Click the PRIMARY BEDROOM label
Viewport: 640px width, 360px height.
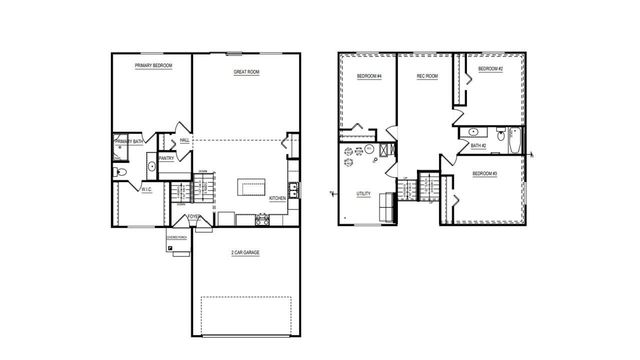[x=154, y=65]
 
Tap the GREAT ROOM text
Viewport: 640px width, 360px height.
[x=247, y=71]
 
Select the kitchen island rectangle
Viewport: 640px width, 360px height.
[x=252, y=187]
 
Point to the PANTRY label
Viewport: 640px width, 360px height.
[x=167, y=157]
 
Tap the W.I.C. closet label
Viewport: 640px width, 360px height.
[x=145, y=188]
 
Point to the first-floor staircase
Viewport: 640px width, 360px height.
[x=181, y=191]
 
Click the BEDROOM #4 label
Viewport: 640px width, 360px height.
[x=369, y=77]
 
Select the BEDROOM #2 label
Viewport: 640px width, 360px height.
[x=489, y=69]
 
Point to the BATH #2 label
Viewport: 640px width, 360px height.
[x=478, y=146]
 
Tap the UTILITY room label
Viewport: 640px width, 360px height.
[x=363, y=193]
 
